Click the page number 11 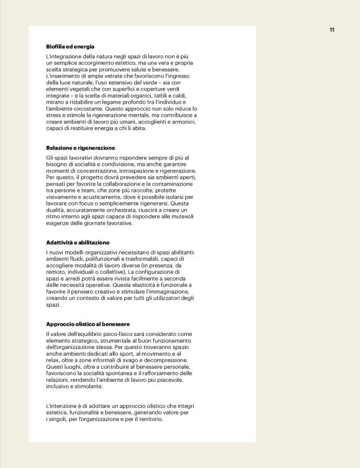click(332, 30)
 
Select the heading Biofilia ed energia click(70, 47)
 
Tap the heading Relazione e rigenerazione click(81, 148)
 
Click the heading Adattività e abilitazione click(78, 242)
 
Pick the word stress click(55, 115)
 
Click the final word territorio click(146, 419)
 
